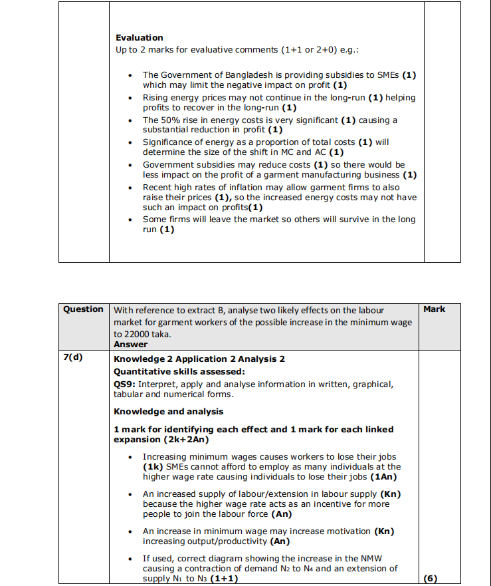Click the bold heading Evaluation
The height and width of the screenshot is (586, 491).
click(x=139, y=38)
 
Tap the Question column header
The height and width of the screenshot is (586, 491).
click(x=84, y=309)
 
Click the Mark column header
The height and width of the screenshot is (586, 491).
click(x=435, y=309)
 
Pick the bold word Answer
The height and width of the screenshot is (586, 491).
click(x=130, y=345)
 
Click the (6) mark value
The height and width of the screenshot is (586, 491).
click(x=430, y=577)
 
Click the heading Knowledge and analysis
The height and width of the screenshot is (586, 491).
click(x=169, y=412)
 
